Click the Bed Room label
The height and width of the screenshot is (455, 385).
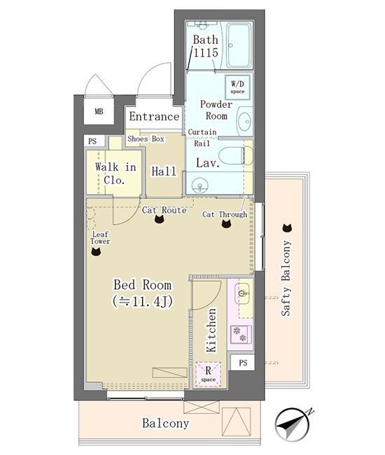143,285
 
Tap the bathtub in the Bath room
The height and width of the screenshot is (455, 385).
239,45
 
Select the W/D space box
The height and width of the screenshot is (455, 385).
237,87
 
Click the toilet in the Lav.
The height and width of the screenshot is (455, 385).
236,155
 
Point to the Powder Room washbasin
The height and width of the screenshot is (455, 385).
245,121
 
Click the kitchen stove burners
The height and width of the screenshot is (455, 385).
241,335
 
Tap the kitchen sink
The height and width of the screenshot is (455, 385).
242,293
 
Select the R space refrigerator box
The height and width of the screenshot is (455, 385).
208,374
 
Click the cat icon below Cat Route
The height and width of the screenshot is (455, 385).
160,219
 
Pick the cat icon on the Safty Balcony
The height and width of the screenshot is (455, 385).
287,228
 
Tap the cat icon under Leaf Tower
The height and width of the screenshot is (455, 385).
96,251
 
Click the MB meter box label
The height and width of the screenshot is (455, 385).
99,111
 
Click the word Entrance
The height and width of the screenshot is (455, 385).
154,117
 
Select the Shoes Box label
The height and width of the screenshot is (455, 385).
146,139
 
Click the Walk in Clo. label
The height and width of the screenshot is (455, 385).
115,173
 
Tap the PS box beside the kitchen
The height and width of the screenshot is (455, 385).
242,362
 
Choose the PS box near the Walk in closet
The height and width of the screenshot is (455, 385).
92,141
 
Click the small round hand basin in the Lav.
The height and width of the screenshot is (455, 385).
199,185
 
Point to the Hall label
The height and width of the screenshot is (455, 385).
164,171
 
